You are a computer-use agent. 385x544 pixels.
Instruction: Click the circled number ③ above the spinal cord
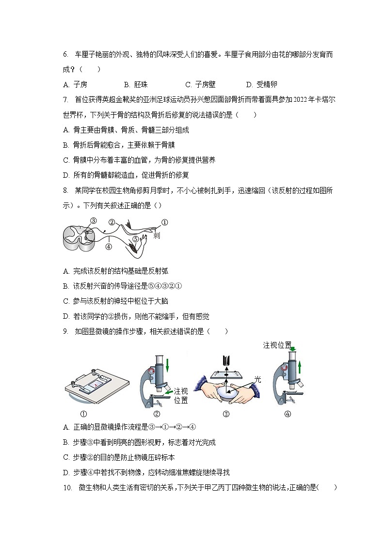(94, 220)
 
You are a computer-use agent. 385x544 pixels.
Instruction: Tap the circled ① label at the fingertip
(164, 223)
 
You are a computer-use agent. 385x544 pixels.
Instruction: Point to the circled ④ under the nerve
(109, 246)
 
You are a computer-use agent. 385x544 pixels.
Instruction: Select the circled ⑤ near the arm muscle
(136, 238)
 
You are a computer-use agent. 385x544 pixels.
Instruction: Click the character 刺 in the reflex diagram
(156, 235)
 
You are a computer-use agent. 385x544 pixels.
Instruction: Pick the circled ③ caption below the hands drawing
(225, 414)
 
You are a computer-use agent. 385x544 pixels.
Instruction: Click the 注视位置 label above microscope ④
(277, 345)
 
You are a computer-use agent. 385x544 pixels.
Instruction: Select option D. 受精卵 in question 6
(262, 84)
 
